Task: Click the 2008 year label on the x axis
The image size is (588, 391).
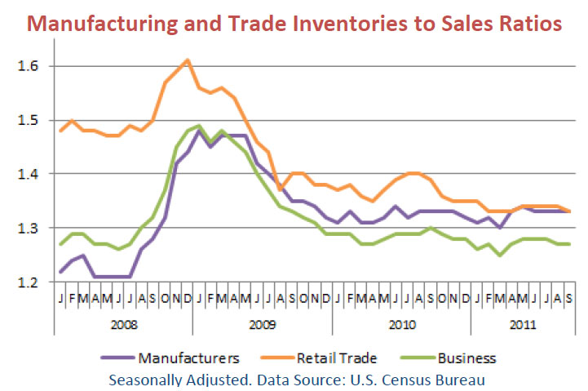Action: tap(124, 324)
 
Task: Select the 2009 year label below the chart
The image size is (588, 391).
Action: tap(263, 324)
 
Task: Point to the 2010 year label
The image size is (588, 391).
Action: tap(401, 324)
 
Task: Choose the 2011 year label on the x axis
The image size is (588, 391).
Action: tap(523, 324)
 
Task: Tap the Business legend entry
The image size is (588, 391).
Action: tap(466, 358)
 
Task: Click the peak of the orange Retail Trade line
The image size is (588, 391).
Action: tap(188, 60)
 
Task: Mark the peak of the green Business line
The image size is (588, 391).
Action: tap(198, 126)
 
